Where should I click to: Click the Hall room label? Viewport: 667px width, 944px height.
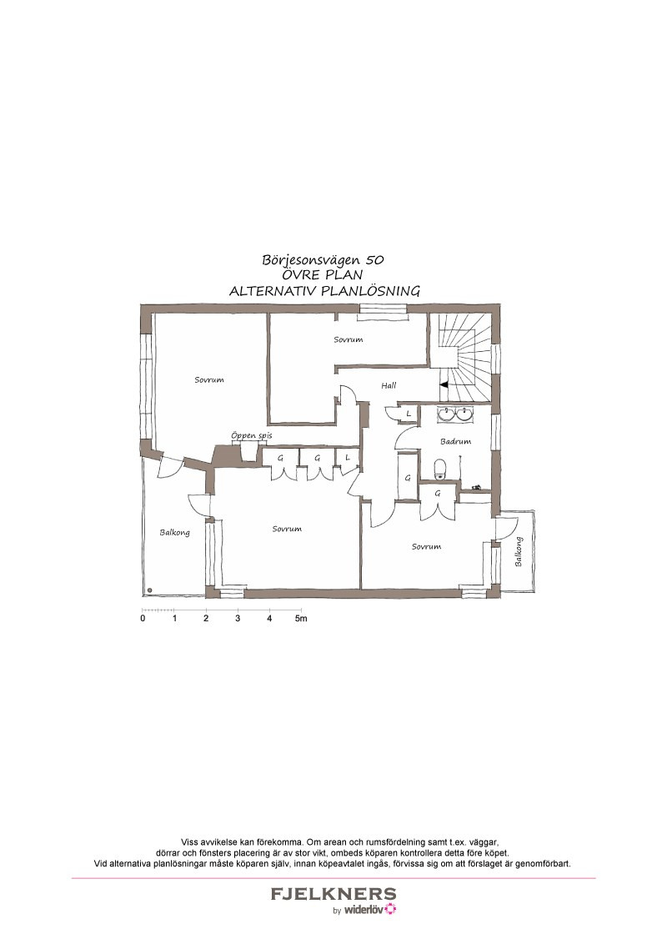(389, 385)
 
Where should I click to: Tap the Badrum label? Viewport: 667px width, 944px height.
(455, 441)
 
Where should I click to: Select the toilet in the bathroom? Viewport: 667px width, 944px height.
(440, 469)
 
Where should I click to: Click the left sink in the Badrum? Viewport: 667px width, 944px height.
(446, 414)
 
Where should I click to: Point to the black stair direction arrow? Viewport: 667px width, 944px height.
(444, 384)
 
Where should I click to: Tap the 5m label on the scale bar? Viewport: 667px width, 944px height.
(301, 618)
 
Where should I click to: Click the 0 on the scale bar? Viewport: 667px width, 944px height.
(143, 618)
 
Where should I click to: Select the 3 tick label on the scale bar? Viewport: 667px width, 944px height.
(238, 618)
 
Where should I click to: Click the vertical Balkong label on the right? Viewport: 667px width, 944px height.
(519, 552)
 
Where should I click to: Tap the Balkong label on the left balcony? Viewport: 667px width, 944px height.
(174, 532)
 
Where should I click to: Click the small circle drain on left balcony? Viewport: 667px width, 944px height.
(149, 590)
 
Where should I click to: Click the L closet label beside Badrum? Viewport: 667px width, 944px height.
(409, 414)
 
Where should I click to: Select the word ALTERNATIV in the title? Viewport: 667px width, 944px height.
(272, 291)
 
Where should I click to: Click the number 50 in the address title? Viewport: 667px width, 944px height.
(374, 260)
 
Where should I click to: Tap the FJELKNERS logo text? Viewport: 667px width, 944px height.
(333, 894)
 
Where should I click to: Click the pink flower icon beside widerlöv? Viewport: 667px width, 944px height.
(391, 909)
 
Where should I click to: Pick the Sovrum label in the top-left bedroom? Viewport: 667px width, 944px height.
(209, 380)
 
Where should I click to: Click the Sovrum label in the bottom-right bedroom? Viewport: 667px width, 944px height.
(426, 547)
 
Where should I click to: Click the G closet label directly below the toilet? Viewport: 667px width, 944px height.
(438, 493)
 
